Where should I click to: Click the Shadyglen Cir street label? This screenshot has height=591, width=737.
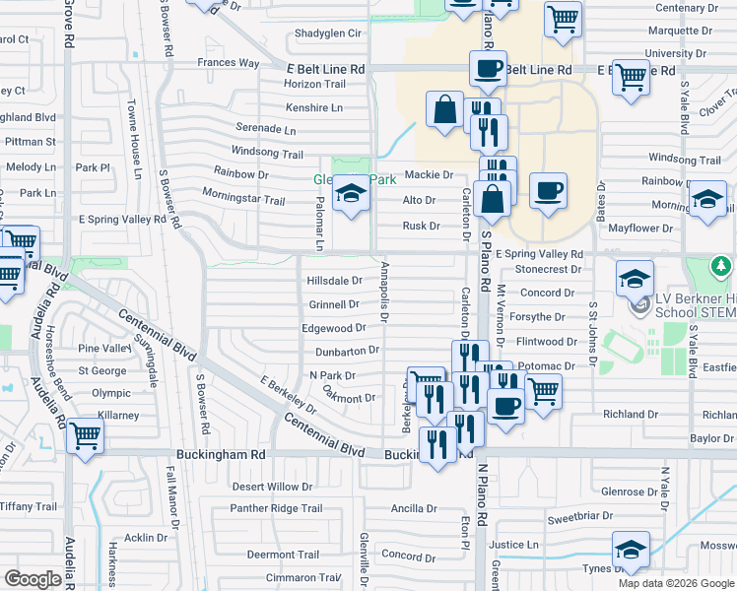[329, 33]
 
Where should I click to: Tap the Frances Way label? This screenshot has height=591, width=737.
[228, 63]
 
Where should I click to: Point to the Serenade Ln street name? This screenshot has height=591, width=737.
[266, 129]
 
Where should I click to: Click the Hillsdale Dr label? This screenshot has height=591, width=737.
[335, 281]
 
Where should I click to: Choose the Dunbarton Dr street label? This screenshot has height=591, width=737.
[347, 351]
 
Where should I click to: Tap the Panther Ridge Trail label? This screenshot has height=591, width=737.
[276, 508]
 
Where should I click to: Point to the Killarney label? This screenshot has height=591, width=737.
[118, 416]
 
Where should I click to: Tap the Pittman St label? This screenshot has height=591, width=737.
[30, 142]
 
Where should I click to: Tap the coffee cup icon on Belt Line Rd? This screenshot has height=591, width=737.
[488, 68]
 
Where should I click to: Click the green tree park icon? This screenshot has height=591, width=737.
[722, 266]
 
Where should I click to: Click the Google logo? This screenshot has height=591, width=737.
[33, 579]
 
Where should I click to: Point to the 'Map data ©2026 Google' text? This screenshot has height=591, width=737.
[676, 582]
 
